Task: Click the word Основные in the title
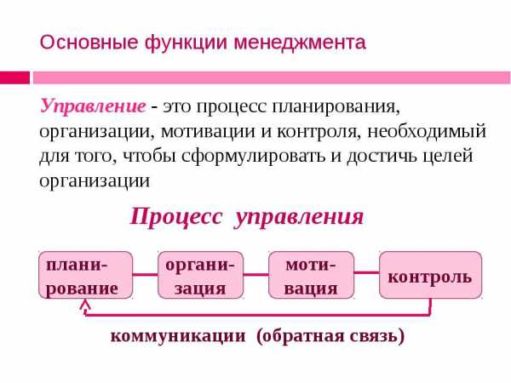(x=89, y=43)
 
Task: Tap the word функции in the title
(x=186, y=43)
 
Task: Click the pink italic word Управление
(x=93, y=106)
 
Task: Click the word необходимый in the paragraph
(x=427, y=132)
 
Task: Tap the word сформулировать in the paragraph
(x=253, y=157)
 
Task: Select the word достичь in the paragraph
(x=382, y=157)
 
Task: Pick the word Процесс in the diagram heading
(x=176, y=217)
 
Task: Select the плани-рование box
(x=86, y=275)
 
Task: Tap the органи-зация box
(x=201, y=275)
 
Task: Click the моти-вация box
(x=311, y=275)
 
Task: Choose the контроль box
(x=430, y=275)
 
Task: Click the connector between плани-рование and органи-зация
(x=146, y=274)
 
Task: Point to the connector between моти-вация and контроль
(x=367, y=272)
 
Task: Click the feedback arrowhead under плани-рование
(x=85, y=304)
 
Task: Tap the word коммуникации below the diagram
(x=178, y=335)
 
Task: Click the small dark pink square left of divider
(x=14, y=77)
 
